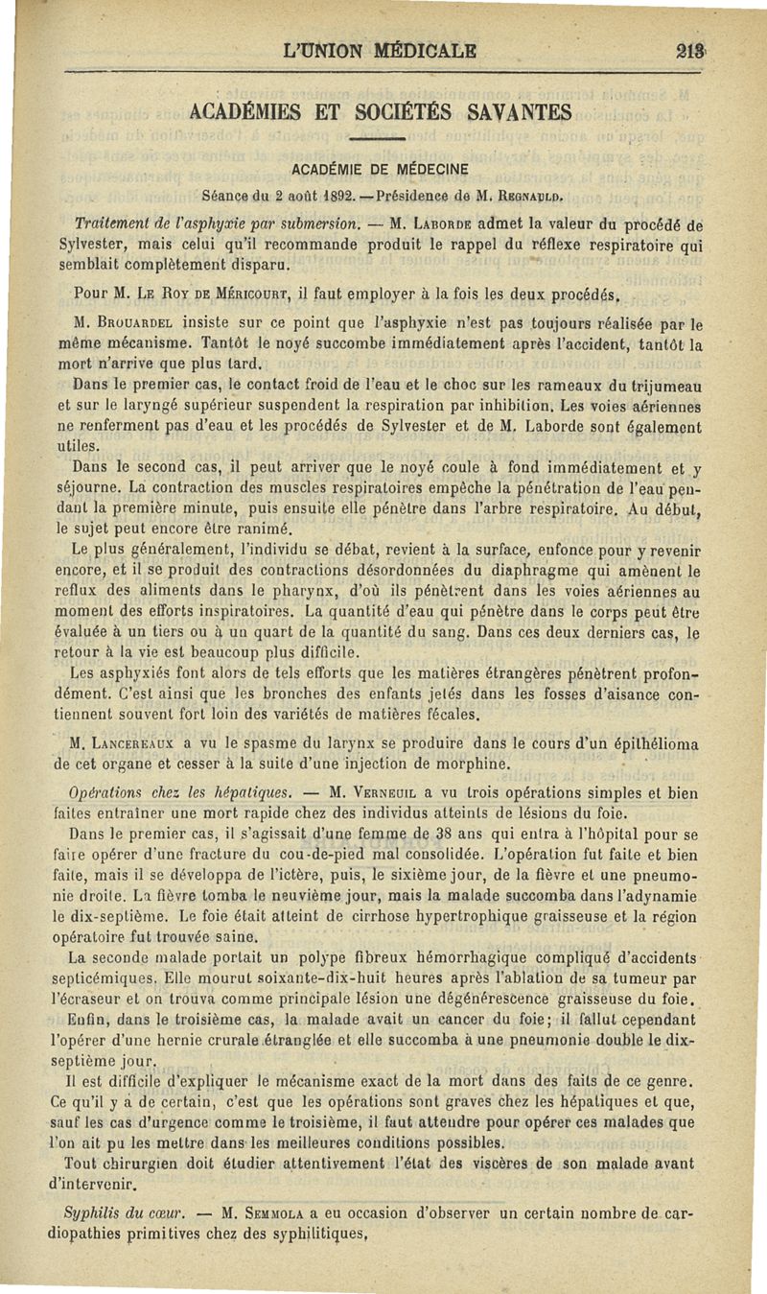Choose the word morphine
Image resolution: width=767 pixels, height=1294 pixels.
465,764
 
